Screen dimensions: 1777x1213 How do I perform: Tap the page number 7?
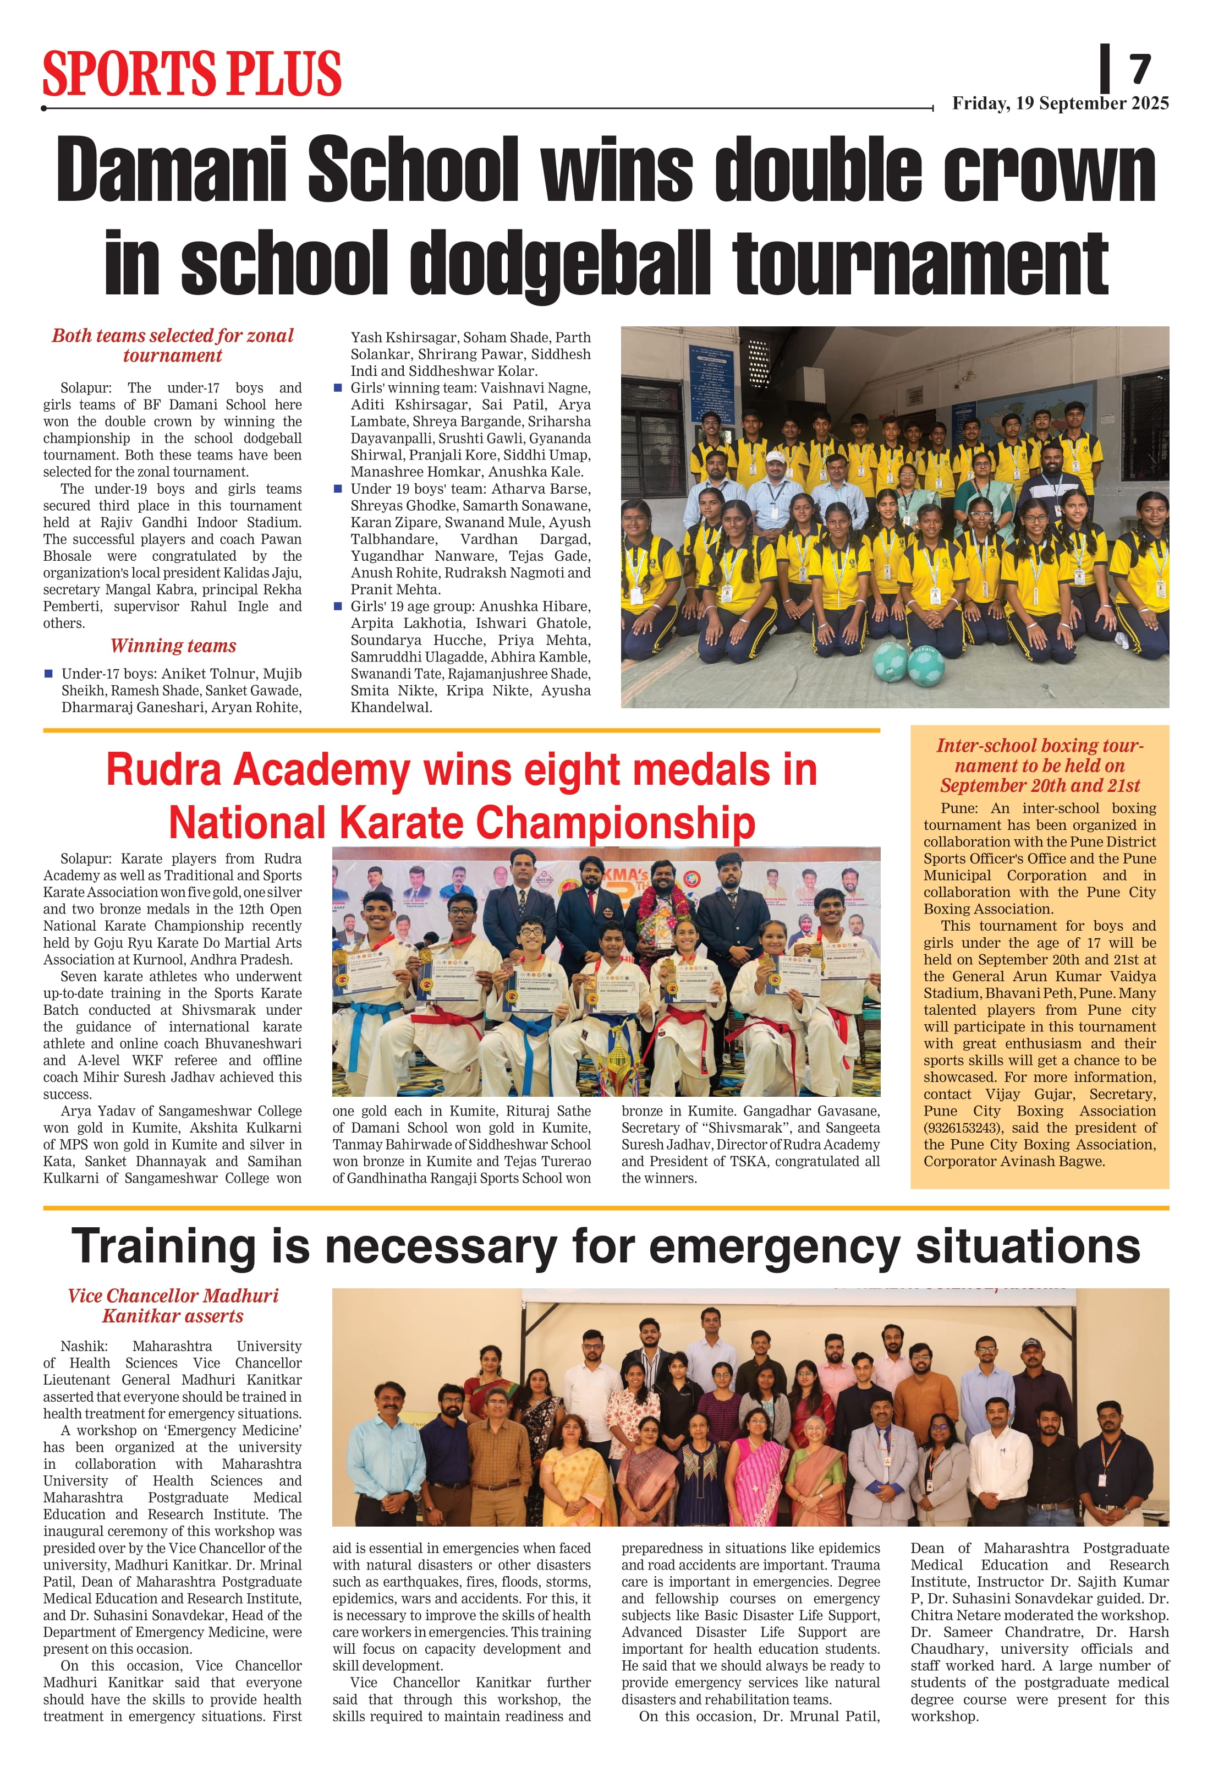point(1140,69)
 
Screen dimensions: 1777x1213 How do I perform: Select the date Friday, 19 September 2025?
point(1060,103)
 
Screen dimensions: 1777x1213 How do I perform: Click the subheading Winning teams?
point(173,646)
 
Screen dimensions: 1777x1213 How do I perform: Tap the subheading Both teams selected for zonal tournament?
point(173,346)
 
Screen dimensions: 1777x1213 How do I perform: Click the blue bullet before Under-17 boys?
point(48,674)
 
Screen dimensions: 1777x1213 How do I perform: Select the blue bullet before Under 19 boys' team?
point(338,489)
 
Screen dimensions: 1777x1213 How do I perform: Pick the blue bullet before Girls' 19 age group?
point(338,606)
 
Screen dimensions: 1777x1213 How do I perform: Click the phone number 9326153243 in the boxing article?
point(964,1128)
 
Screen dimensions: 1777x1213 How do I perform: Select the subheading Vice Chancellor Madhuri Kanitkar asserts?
point(173,1306)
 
